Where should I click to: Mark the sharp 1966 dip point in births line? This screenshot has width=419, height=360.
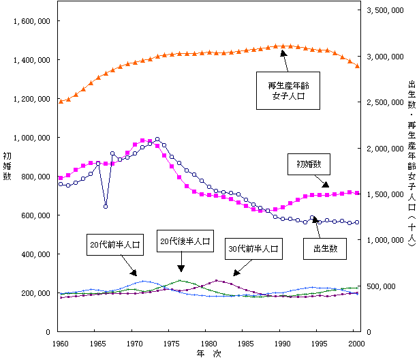click(x=106, y=206)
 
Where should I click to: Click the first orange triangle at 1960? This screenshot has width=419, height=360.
click(x=61, y=102)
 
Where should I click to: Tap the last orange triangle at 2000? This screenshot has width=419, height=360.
click(x=358, y=65)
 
